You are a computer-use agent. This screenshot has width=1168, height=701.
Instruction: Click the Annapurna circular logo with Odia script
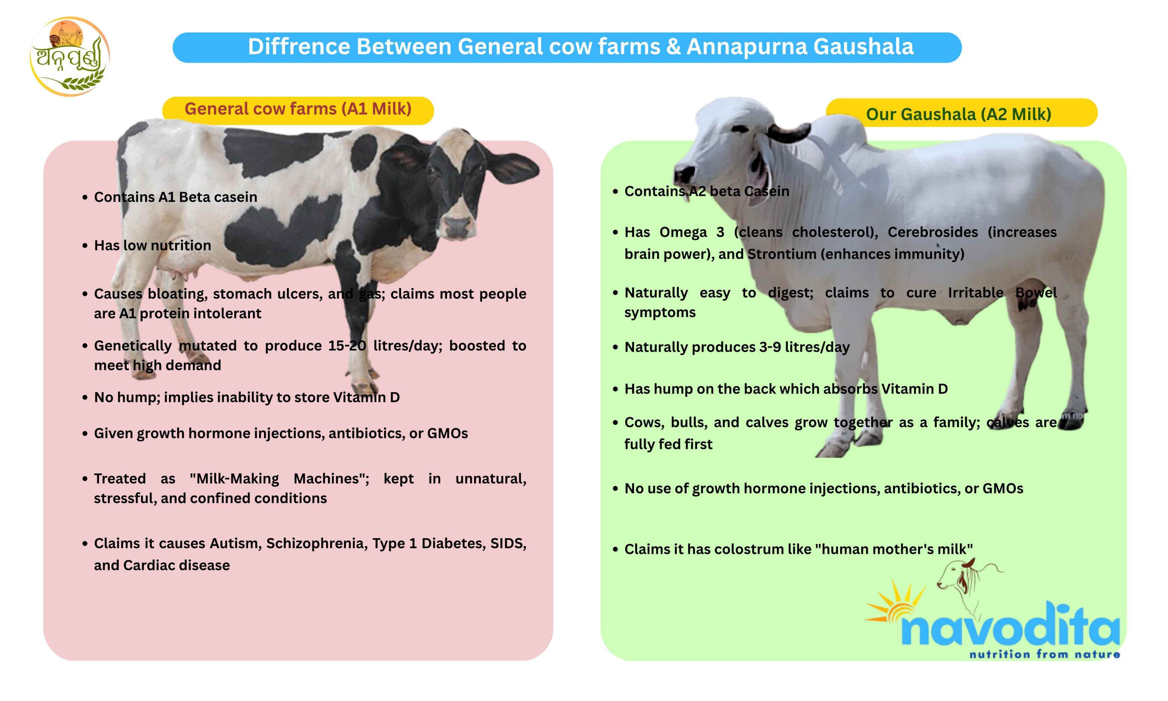tap(69, 57)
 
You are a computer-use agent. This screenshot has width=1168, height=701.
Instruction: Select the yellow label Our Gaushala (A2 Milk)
tap(958, 114)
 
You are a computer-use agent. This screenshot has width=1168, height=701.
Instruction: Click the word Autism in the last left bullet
tap(235, 543)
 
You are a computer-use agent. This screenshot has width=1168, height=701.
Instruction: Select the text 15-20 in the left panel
tap(347, 346)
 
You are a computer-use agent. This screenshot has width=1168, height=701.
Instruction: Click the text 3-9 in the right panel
tap(770, 347)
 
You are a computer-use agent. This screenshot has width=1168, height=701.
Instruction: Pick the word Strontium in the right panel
tap(781, 254)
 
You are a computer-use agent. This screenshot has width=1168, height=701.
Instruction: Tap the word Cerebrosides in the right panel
tap(932, 232)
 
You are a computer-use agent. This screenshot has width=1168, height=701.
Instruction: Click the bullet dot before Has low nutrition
tap(85, 246)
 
